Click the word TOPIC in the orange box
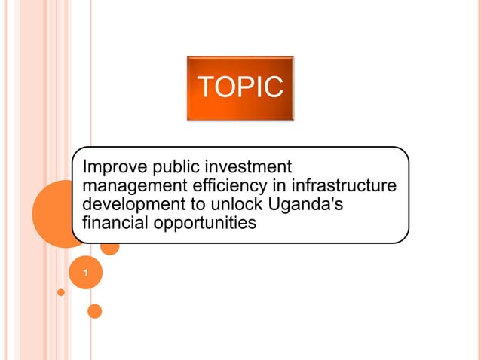[x=240, y=87]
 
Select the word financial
[x=112, y=223]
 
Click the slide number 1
[x=86, y=273]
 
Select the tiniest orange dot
[x=61, y=291]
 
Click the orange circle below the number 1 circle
[x=94, y=310]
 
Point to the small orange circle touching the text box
[x=110, y=246]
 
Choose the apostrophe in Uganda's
[x=337, y=200]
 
